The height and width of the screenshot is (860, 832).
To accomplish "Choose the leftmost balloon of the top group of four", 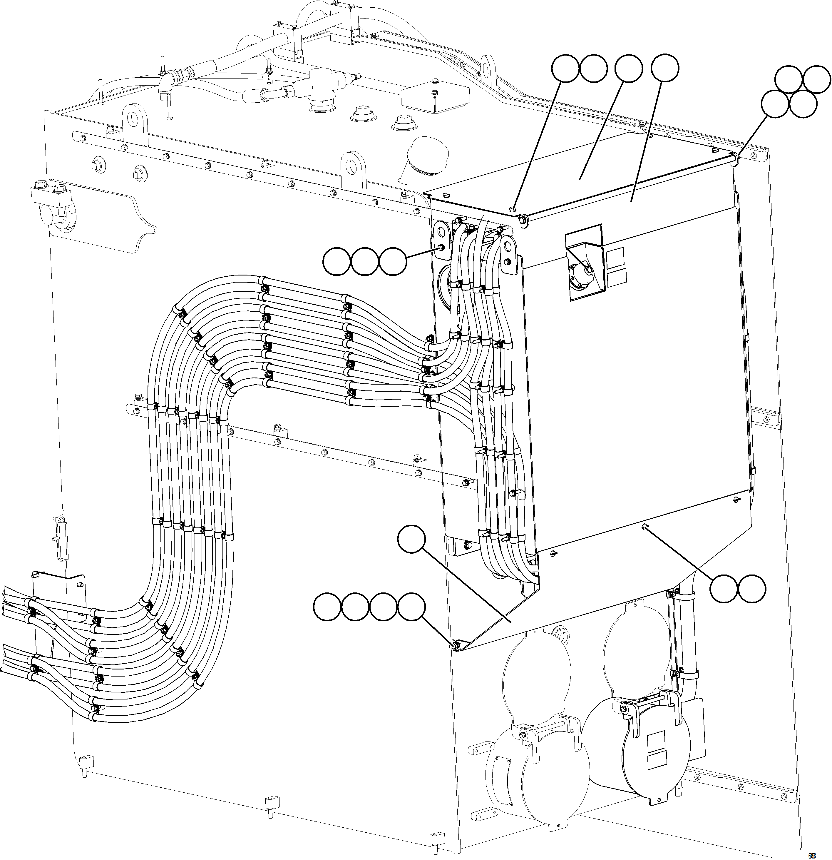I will (x=565, y=69).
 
